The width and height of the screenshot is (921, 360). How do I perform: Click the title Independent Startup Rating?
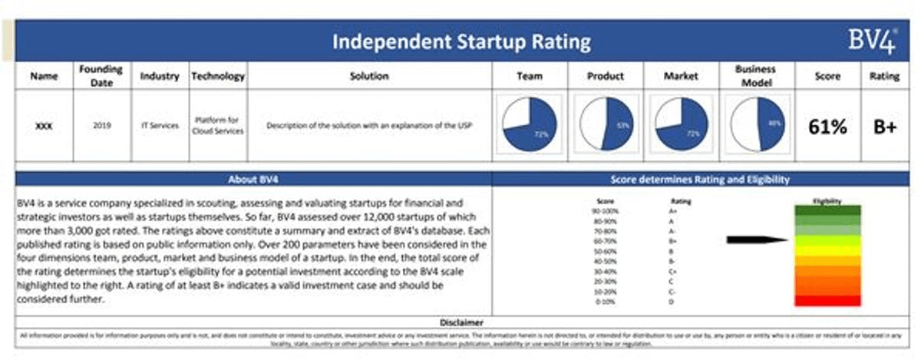click(x=462, y=41)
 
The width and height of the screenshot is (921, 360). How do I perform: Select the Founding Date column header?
click(x=101, y=76)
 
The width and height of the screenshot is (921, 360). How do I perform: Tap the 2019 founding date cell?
click(x=101, y=125)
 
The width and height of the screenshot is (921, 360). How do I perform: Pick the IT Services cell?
click(x=160, y=125)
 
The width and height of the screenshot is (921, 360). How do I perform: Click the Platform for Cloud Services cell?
click(x=218, y=125)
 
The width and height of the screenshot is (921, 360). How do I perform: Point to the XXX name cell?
click(x=44, y=125)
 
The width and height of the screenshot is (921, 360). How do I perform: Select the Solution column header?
click(x=369, y=76)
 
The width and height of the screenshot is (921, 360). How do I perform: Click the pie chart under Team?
click(x=530, y=124)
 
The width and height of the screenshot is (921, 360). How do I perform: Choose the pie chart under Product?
click(x=605, y=124)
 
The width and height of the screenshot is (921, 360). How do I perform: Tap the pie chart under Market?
click(x=680, y=124)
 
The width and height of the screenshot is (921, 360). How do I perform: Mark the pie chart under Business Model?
click(x=756, y=124)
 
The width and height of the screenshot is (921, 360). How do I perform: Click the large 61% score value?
click(x=827, y=127)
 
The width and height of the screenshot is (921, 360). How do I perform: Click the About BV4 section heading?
click(x=253, y=180)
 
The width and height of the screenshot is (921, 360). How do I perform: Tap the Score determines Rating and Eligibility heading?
click(x=700, y=180)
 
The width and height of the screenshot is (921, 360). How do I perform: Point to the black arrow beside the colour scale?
click(x=757, y=240)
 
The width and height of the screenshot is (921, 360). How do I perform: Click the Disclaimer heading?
click(x=460, y=322)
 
